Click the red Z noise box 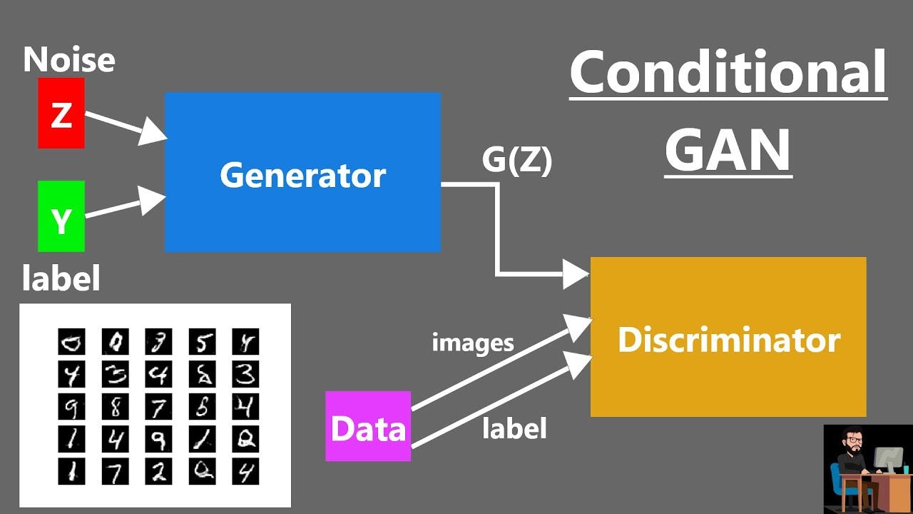[x=61, y=114]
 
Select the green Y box [x=61, y=216]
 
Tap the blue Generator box [x=302, y=172]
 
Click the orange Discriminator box [x=728, y=337]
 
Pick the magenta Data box [x=368, y=426]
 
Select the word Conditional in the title [x=728, y=74]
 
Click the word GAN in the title [x=728, y=151]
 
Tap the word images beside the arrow [x=472, y=343]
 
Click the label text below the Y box [x=61, y=278]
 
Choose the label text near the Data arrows [x=514, y=428]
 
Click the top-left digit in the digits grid [x=71, y=342]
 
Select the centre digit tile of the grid [x=158, y=407]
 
